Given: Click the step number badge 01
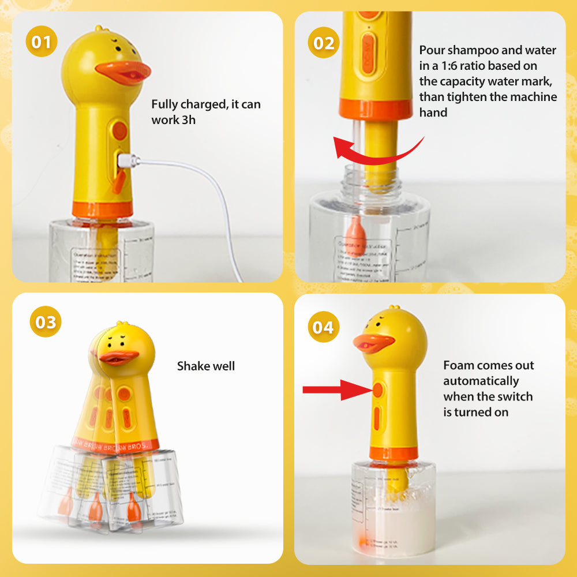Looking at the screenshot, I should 41,42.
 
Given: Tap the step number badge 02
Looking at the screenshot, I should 323,42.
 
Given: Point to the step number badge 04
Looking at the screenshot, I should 323,328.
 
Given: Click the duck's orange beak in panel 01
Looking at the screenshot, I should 123,72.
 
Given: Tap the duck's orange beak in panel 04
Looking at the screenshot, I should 373,343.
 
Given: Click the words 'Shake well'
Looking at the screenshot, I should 206,366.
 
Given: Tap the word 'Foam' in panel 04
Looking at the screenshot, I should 459,365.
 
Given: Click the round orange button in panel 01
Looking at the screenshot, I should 119,130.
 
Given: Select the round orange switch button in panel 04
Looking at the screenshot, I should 379,390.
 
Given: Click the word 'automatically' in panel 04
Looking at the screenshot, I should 481,381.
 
